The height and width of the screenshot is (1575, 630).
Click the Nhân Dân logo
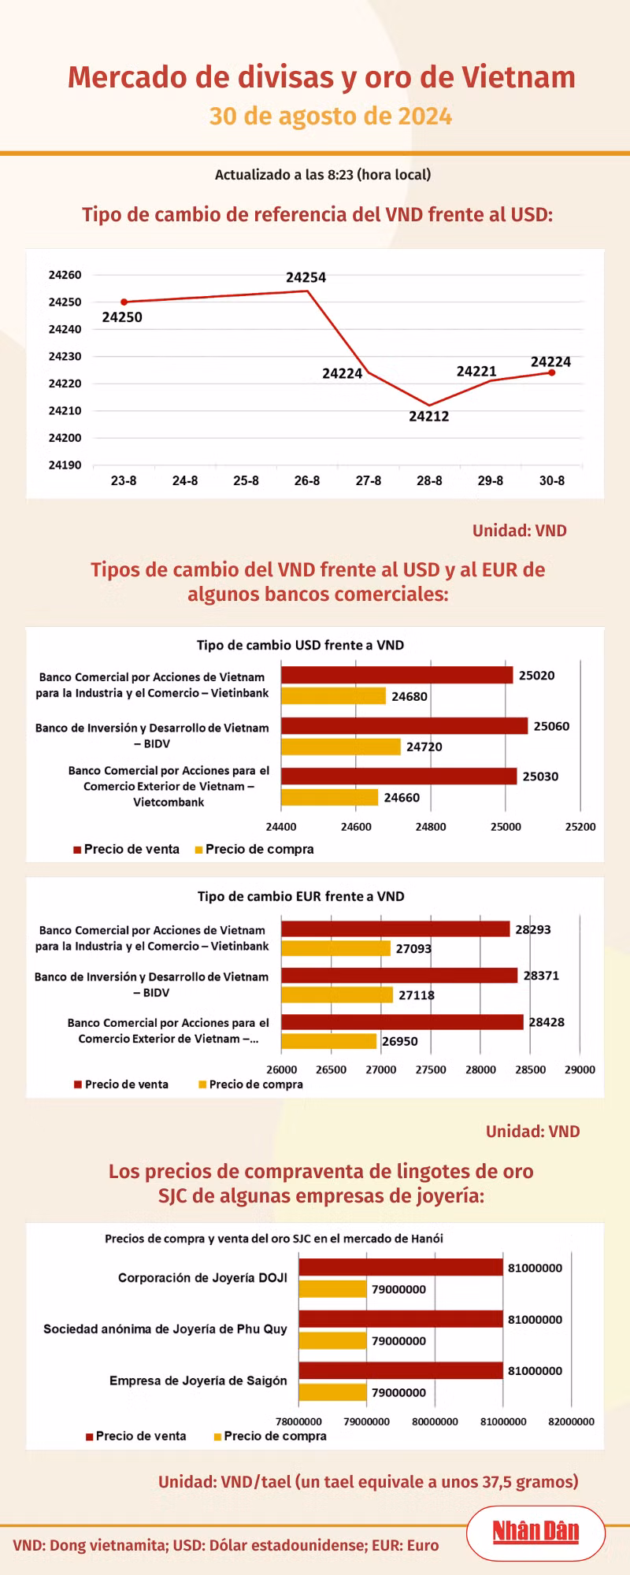(535, 1532)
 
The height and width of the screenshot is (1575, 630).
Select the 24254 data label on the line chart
(306, 277)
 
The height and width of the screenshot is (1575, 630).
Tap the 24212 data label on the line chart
(428, 417)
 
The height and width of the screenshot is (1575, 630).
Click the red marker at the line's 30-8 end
(552, 372)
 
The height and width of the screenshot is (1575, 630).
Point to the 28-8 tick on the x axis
(429, 480)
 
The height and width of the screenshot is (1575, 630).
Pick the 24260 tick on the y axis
(65, 275)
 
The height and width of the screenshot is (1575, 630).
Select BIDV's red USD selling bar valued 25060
(404, 725)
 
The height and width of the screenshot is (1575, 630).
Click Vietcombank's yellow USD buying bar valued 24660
(329, 797)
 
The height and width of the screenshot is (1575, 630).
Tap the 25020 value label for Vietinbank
(536, 676)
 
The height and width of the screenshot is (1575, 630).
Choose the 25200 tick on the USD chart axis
(580, 827)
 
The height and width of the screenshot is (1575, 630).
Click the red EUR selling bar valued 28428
(402, 1022)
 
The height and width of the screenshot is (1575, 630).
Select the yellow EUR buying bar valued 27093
(335, 948)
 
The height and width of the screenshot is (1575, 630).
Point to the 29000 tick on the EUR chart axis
(580, 1069)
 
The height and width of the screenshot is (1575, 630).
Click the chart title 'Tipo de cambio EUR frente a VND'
(301, 896)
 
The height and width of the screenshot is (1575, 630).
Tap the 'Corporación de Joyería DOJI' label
(202, 1278)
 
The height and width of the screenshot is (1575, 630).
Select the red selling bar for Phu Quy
(400, 1319)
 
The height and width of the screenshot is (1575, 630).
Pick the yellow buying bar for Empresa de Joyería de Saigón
(332, 1392)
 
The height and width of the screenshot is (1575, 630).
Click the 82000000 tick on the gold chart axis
(571, 1421)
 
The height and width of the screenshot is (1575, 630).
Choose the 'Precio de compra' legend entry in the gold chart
(269, 1436)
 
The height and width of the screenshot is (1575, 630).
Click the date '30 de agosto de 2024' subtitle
(331, 117)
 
